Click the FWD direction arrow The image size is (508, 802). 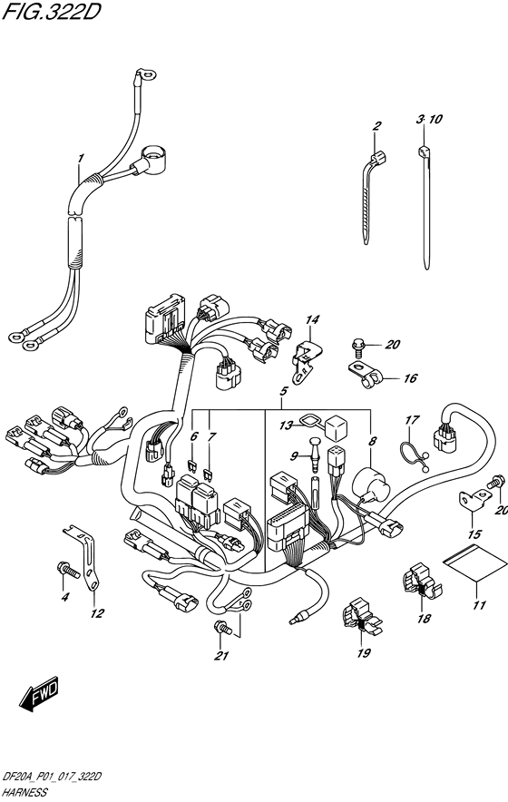click(40, 693)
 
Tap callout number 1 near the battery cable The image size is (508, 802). click(81, 159)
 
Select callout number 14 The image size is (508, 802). click(312, 320)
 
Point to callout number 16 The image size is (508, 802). click(411, 378)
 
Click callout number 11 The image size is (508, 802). click(479, 606)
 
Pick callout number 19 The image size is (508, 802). click(364, 652)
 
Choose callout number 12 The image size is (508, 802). click(97, 613)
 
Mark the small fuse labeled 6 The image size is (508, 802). click(194, 465)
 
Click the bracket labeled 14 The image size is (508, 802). click(308, 360)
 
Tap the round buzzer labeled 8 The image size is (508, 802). click(372, 484)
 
